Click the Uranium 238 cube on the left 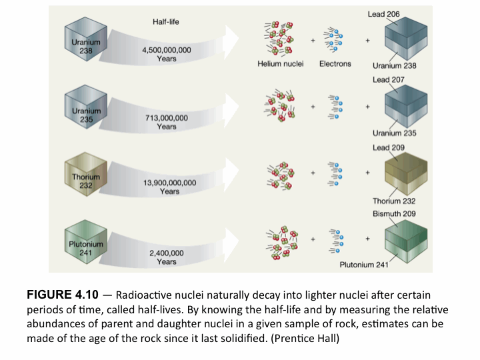point(86,44)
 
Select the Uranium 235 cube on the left point(86,111)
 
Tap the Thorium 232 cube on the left point(86,177)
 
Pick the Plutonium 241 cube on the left point(86,245)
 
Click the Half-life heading point(166,22)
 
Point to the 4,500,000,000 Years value point(167,54)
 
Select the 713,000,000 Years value point(167,122)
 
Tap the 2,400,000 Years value point(167,257)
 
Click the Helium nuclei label point(280,65)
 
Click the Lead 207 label point(388,80)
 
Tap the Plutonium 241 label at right point(363,265)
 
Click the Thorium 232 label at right point(394,201)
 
